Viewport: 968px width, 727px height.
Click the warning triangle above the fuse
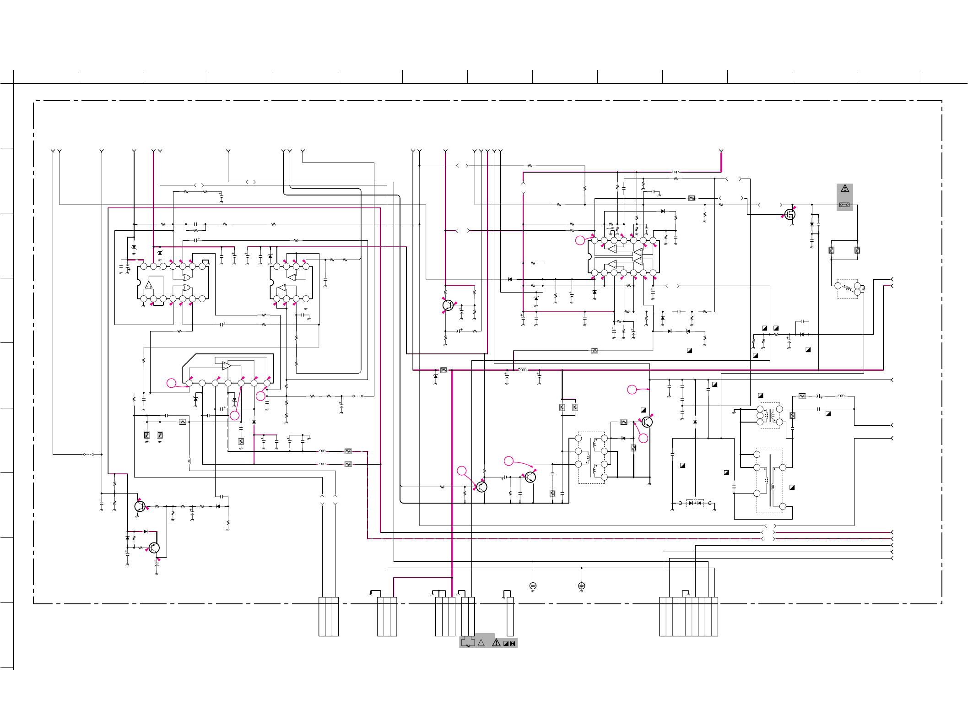(x=845, y=189)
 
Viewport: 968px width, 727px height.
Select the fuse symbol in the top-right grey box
(x=845, y=205)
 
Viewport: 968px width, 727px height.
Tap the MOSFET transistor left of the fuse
(x=790, y=214)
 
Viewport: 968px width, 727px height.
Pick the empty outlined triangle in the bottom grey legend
(x=481, y=643)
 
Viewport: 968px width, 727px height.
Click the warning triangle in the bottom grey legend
(x=496, y=643)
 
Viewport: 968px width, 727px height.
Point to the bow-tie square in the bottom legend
(x=513, y=644)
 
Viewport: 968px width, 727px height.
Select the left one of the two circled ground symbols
(x=533, y=586)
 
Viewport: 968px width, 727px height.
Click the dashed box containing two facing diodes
(x=695, y=503)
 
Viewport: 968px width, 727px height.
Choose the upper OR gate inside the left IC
(x=187, y=278)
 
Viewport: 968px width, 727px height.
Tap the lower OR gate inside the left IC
(x=187, y=288)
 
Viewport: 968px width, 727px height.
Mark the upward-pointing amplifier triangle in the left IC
(x=149, y=285)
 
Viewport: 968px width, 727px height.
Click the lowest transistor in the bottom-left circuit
(x=154, y=548)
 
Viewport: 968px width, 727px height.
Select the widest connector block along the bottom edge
(x=688, y=616)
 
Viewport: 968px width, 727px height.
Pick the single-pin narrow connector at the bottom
(x=510, y=616)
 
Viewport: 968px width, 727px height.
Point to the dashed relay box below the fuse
(x=847, y=289)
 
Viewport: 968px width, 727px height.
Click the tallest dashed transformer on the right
(x=770, y=480)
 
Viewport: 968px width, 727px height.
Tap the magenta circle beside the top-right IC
(x=580, y=240)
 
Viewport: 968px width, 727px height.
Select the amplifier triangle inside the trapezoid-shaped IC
(x=227, y=366)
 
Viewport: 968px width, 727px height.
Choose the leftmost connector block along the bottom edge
(x=329, y=616)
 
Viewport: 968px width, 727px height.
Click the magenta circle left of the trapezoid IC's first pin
(x=171, y=383)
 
